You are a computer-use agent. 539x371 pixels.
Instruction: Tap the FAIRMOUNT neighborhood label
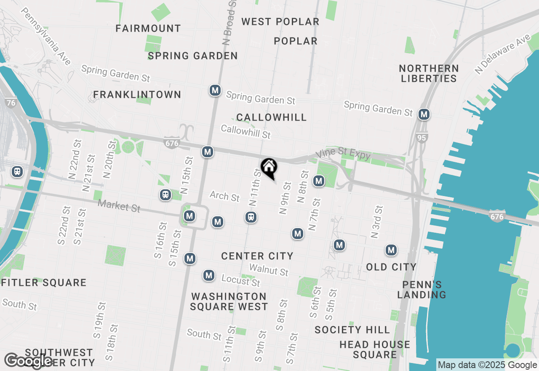pyautogui.click(x=148, y=29)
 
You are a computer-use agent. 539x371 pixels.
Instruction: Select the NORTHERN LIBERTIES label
pyautogui.click(x=429, y=73)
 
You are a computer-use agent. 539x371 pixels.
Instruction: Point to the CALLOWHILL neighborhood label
pyautogui.click(x=272, y=117)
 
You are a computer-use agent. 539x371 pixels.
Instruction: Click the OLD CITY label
pyautogui.click(x=391, y=267)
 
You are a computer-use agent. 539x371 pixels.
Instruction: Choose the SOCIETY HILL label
pyautogui.click(x=352, y=330)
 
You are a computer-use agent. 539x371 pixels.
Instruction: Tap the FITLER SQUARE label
pyautogui.click(x=44, y=282)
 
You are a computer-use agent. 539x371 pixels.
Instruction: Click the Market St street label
pyautogui.click(x=119, y=206)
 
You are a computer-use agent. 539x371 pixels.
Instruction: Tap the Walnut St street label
pyautogui.click(x=269, y=270)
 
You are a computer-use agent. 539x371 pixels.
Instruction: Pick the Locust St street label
pyautogui.click(x=240, y=280)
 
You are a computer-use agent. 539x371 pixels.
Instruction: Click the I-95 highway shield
pyautogui.click(x=422, y=137)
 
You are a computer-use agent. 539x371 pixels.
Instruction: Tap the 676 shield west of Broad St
pyautogui.click(x=172, y=143)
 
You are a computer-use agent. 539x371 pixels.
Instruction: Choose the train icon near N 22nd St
pyautogui.click(x=17, y=171)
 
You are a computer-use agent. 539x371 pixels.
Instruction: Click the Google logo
pyautogui.click(x=29, y=361)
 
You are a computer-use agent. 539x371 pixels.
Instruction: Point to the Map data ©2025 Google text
pyautogui.click(x=487, y=365)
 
